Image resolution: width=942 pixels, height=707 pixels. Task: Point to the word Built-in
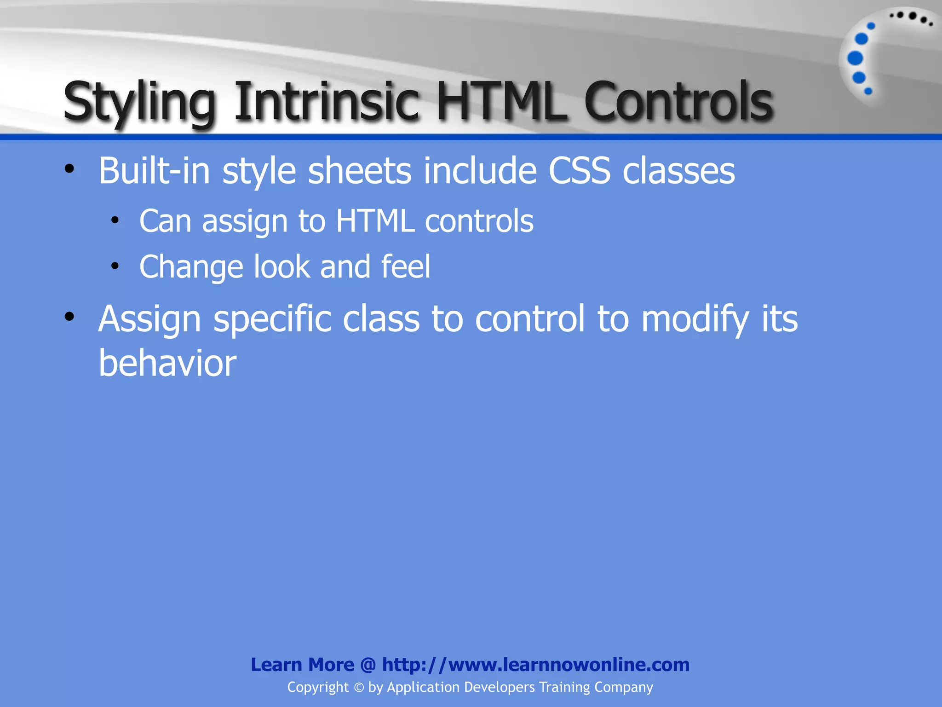[x=154, y=171]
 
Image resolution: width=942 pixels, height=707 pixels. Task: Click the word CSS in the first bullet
[x=580, y=171]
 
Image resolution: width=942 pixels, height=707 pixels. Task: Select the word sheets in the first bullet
[x=359, y=171]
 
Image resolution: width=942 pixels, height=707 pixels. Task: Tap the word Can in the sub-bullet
[x=165, y=221]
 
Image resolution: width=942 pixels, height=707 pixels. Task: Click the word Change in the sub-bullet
[x=191, y=267]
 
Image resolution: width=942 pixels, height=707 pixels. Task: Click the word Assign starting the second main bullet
[x=149, y=319]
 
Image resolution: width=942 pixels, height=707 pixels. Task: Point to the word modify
[x=695, y=319]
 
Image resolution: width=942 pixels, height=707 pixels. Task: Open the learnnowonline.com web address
[x=535, y=665]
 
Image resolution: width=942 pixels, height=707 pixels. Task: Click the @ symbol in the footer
[x=368, y=665]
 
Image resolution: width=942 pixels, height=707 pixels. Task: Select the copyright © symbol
[x=359, y=687]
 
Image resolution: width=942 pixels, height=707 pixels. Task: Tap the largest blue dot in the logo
[x=855, y=58]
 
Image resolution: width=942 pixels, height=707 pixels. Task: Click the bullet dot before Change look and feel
[x=115, y=266]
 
